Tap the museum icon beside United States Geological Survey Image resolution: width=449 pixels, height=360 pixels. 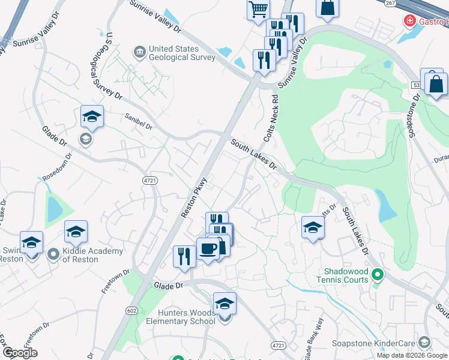pos(139,53)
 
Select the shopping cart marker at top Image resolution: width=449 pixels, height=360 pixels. pos(258,9)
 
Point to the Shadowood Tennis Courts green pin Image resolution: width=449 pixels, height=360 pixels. pos(377,275)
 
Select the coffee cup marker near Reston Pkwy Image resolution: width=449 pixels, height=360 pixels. pos(208,248)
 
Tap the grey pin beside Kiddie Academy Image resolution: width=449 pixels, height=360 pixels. pos(53,254)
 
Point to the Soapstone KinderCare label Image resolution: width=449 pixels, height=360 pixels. pos(375,344)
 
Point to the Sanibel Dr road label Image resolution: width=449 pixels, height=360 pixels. pos(139,122)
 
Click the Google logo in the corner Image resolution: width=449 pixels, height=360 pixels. pos(20,353)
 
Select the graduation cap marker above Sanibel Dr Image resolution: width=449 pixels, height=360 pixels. pos(92,116)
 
